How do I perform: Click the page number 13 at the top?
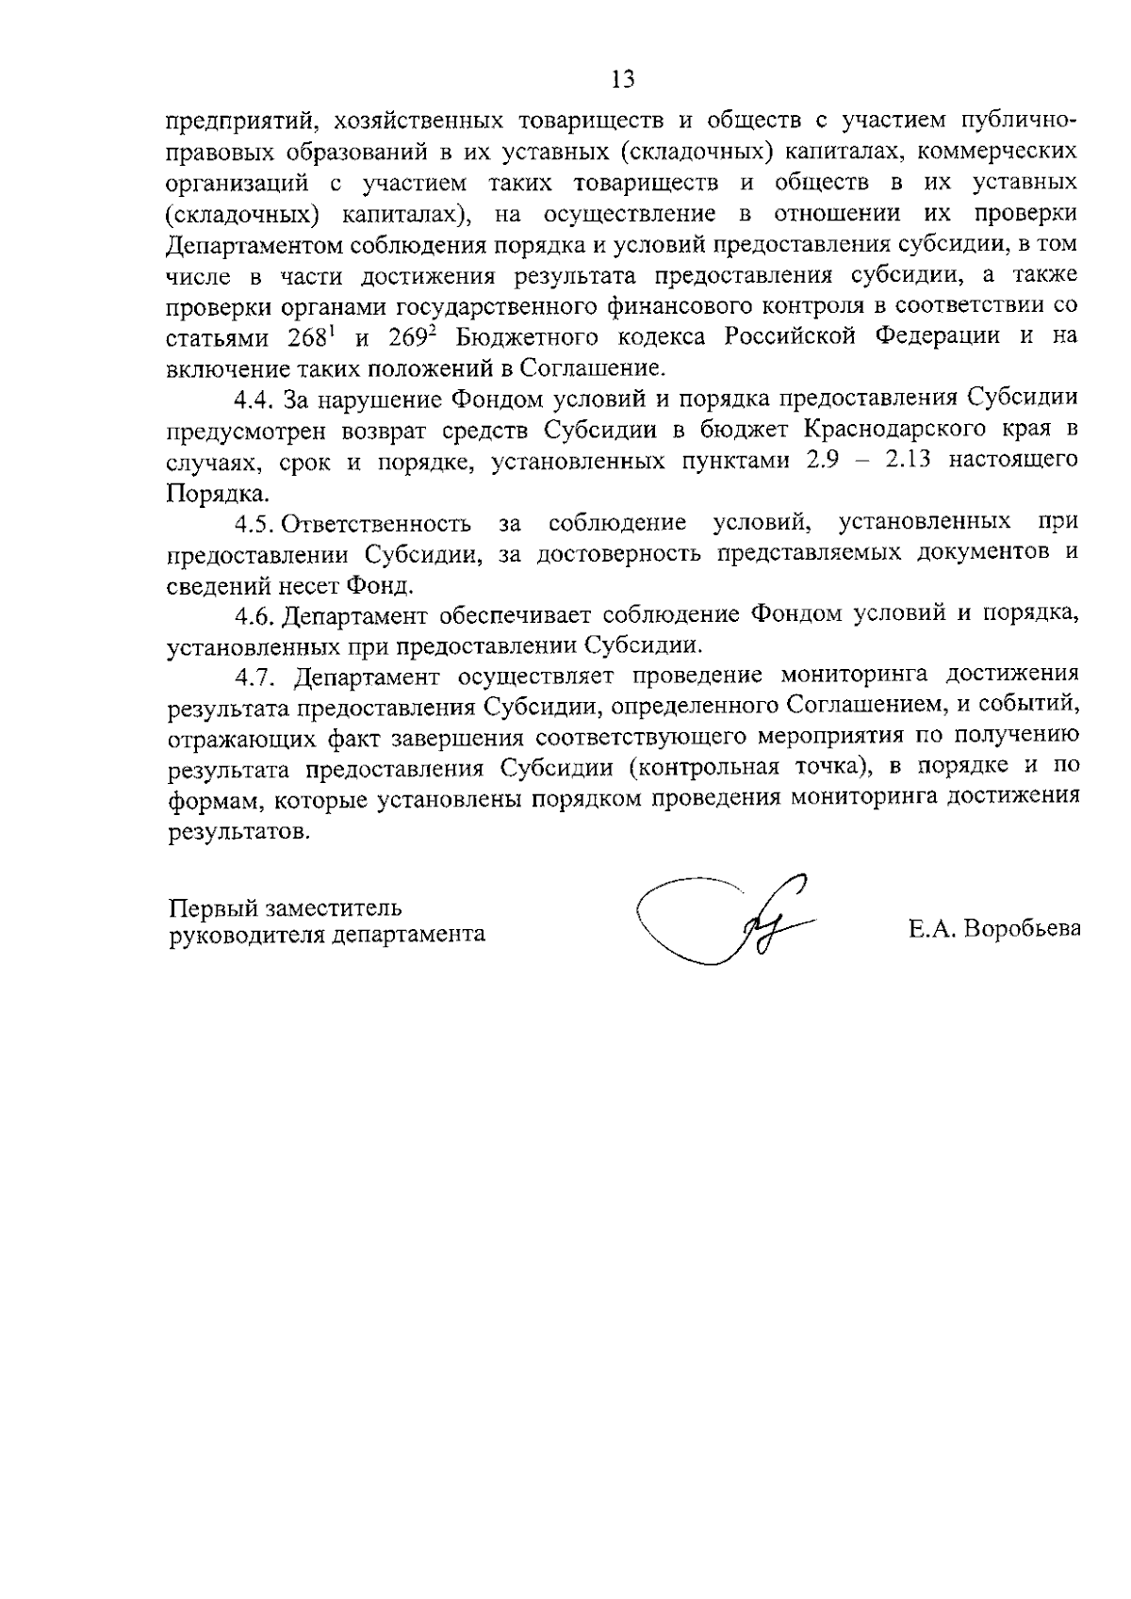623,79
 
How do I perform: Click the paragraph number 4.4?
254,400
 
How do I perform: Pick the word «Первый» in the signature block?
211,908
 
